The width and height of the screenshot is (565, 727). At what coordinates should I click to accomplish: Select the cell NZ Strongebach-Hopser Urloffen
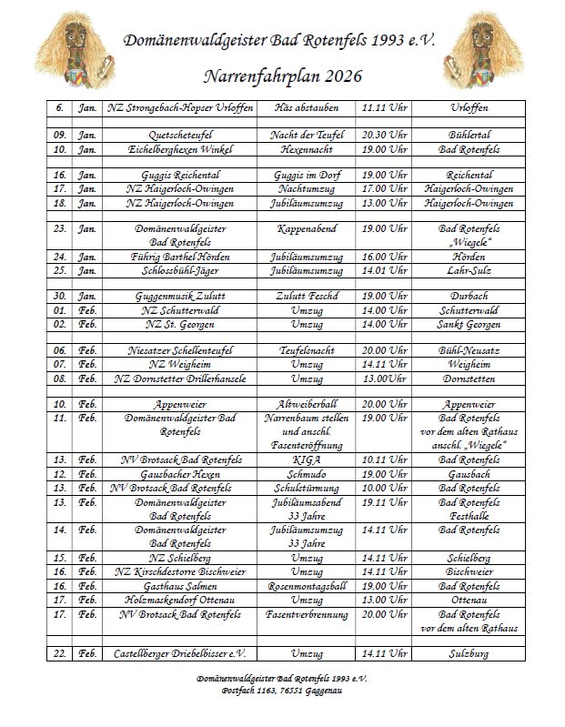tap(178, 108)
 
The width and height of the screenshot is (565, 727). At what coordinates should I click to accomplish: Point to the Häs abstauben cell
tap(313, 108)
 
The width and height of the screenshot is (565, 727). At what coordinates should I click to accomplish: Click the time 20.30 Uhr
tap(384, 135)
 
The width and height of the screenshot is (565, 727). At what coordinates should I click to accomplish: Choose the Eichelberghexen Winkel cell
tap(178, 148)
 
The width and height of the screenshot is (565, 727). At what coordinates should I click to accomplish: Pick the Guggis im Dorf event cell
tap(313, 175)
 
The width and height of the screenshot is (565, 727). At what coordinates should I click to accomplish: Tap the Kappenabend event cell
tap(313, 229)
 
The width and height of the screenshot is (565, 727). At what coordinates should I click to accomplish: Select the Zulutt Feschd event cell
tap(313, 297)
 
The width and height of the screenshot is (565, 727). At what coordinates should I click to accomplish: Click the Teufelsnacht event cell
tap(313, 350)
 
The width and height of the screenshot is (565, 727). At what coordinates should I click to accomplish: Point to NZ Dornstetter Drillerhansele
tap(178, 378)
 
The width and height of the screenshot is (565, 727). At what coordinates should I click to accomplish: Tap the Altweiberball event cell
tap(313, 405)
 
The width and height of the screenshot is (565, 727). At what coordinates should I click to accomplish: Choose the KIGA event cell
tap(313, 460)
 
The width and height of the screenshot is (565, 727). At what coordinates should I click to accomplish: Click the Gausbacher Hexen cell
tap(178, 474)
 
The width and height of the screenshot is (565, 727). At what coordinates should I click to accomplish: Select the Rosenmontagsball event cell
tap(313, 587)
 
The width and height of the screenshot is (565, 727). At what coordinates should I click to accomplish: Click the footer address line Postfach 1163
tap(282, 692)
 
